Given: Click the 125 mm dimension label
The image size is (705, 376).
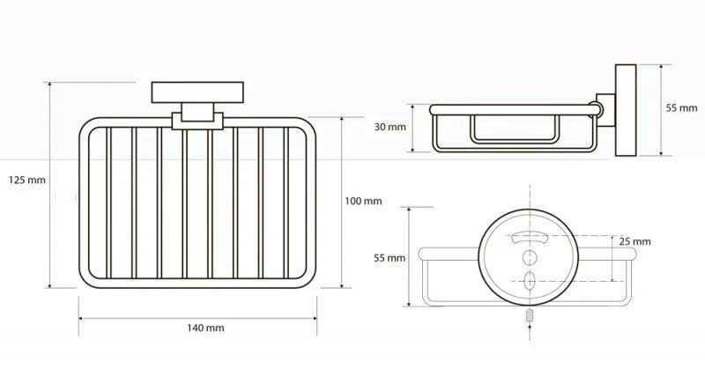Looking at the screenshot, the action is (x=27, y=181).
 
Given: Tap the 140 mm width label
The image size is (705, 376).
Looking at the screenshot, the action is (x=205, y=328).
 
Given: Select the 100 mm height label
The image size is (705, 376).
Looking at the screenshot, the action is (x=363, y=201).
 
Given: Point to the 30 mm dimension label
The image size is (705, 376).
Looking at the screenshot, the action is (x=390, y=127).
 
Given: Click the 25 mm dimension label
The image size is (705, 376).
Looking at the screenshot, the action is (x=634, y=241).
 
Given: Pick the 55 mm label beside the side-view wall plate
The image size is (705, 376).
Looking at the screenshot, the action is (x=681, y=107).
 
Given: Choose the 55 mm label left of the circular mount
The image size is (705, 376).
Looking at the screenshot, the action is (x=390, y=258).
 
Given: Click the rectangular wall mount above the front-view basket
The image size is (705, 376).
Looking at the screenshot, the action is (x=197, y=92).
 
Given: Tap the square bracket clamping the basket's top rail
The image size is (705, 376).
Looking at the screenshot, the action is (x=197, y=121).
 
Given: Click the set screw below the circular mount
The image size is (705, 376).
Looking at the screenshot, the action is (x=530, y=315).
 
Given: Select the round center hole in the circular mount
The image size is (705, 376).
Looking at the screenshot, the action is (x=530, y=257).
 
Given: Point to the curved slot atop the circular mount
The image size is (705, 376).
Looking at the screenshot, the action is (x=530, y=236).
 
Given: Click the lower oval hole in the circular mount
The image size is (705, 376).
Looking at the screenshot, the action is (x=530, y=280).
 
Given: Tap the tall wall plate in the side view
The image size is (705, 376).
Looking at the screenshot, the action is (x=626, y=110).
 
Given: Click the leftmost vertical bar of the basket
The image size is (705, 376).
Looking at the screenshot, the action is (x=108, y=203).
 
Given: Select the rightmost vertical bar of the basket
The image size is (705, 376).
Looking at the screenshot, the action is (x=286, y=203).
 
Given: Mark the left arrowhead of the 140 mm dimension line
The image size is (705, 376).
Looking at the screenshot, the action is (x=81, y=319).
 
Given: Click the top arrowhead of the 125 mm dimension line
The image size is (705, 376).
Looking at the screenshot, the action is (x=49, y=85).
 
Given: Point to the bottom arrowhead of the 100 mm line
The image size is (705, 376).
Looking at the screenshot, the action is (x=342, y=284).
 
